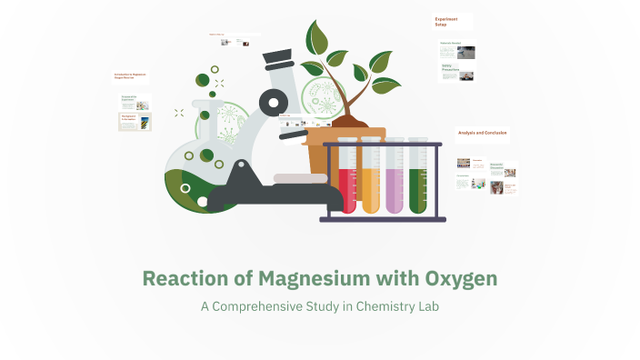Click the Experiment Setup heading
tap(446, 21)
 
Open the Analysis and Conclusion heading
tap(482, 134)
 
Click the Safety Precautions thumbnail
tap(457, 72)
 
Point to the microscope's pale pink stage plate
tap(300, 177)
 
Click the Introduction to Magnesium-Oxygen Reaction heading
tap(130, 76)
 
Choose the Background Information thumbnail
tap(134, 121)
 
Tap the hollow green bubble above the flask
tap(215, 69)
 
